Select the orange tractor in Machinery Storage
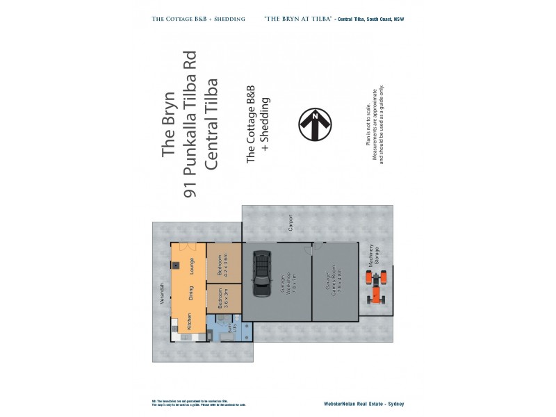tap(377, 288)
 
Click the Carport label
tap(290, 222)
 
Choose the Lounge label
tap(191, 266)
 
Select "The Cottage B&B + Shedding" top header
tap(199, 19)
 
